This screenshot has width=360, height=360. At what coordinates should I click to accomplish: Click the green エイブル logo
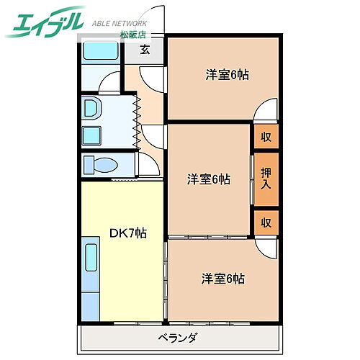click(x=47, y=22)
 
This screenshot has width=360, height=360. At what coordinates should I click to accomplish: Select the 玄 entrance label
click(x=145, y=50)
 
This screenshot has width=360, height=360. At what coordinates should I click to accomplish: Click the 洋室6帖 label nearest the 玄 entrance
click(x=227, y=74)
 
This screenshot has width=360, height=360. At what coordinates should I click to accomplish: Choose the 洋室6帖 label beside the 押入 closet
click(x=210, y=179)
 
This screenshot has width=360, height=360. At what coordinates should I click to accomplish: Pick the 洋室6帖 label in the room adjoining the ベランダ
click(x=222, y=278)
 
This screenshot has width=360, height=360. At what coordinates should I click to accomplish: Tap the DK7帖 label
click(x=128, y=233)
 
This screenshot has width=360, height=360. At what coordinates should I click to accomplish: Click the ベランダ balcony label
click(x=178, y=338)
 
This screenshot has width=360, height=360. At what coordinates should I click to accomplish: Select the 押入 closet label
click(x=266, y=179)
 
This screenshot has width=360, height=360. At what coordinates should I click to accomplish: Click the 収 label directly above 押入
click(x=266, y=137)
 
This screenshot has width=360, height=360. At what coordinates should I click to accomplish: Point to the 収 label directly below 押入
click(x=266, y=222)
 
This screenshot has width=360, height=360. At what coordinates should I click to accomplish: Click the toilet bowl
click(x=101, y=166)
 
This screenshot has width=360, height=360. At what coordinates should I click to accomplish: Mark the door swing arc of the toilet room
click(x=148, y=164)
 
